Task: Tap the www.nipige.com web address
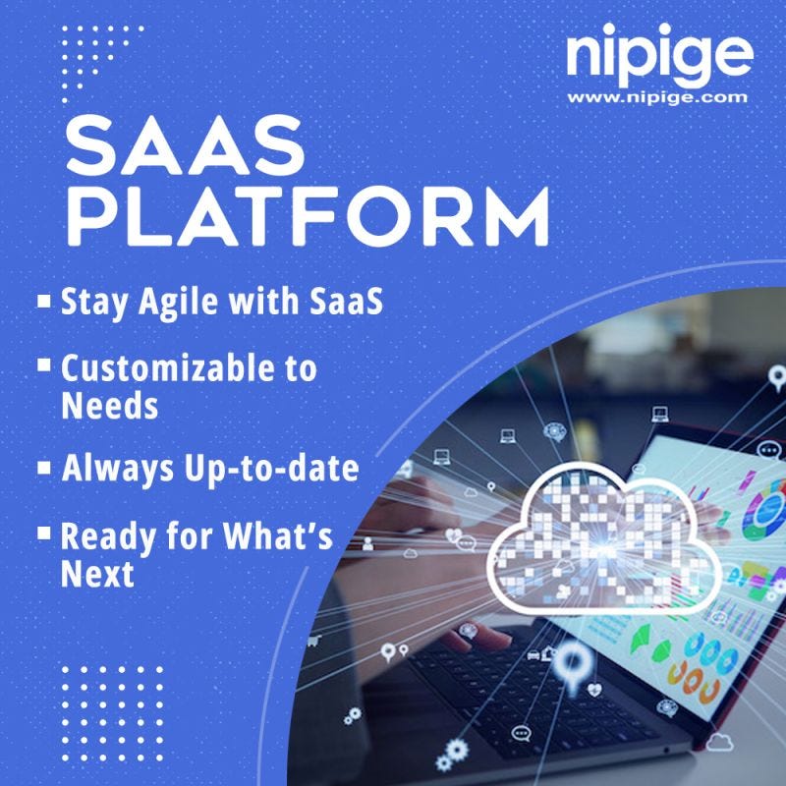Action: pos(657,97)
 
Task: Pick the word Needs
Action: pos(109,405)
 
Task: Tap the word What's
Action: pos(283,538)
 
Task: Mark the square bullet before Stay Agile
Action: pos(43,299)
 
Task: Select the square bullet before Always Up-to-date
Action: pos(43,467)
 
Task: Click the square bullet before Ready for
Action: pos(43,533)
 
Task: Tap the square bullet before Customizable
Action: pos(43,365)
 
